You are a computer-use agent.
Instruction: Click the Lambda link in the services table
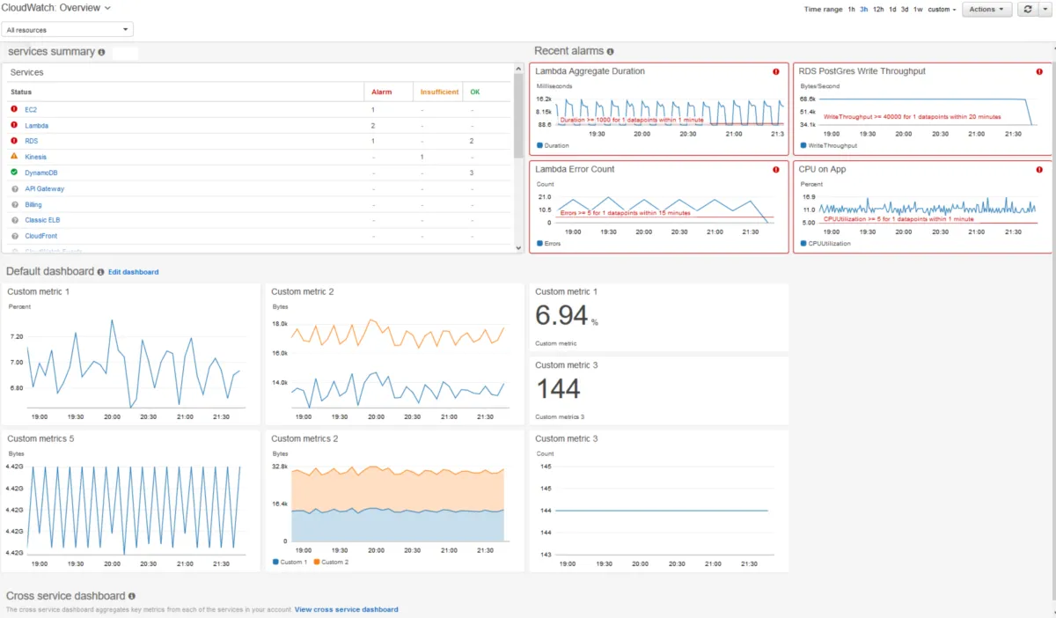click(36, 126)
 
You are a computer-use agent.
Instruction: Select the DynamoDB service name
click(40, 173)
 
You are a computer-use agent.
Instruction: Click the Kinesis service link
click(36, 157)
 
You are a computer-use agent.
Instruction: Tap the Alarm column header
click(381, 92)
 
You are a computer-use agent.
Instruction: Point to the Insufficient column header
click(439, 92)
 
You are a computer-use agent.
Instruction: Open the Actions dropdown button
click(986, 10)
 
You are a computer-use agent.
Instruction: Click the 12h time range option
click(878, 10)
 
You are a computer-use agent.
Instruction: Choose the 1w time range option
click(918, 10)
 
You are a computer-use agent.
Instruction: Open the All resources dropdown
click(68, 30)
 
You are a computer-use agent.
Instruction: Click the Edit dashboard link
click(134, 272)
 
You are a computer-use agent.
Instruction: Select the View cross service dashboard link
click(346, 609)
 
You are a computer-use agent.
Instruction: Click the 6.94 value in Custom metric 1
click(561, 316)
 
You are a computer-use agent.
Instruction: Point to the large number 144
click(558, 388)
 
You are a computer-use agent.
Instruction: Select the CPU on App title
click(822, 169)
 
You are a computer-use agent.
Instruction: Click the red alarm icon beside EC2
click(14, 109)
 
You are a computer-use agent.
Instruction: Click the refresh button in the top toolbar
click(1027, 10)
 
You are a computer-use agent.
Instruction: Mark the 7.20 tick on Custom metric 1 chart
click(17, 337)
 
